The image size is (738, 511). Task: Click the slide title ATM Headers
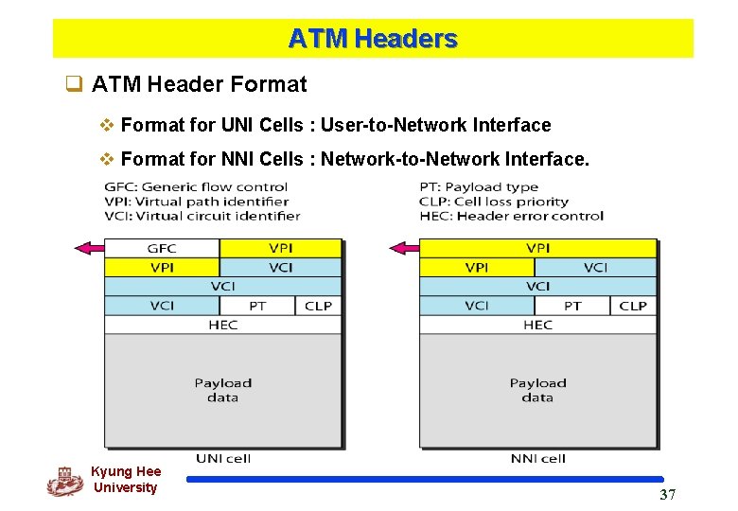(x=373, y=39)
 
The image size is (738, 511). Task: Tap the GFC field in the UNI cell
(x=161, y=249)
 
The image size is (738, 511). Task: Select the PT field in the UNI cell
(x=257, y=306)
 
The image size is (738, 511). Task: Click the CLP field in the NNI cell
(x=632, y=306)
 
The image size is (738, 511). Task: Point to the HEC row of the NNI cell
(x=537, y=325)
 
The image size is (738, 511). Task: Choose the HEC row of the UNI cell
(x=222, y=325)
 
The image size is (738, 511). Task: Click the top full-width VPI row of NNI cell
(x=537, y=249)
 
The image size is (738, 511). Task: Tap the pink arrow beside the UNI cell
(x=88, y=249)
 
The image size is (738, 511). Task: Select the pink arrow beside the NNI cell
(x=403, y=249)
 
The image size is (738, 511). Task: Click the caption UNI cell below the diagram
(x=223, y=459)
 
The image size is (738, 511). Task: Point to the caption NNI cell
(x=538, y=459)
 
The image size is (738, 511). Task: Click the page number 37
(x=668, y=495)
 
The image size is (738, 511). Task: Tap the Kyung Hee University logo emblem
(x=64, y=482)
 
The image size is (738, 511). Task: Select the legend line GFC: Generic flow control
(x=196, y=186)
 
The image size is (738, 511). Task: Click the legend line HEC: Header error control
(x=511, y=216)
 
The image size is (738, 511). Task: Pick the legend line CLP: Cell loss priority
(x=494, y=202)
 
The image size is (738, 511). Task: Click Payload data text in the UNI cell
(x=223, y=390)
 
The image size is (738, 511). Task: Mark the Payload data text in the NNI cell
(x=537, y=390)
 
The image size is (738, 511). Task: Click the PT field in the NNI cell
(x=572, y=306)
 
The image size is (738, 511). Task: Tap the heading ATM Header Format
(x=199, y=84)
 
